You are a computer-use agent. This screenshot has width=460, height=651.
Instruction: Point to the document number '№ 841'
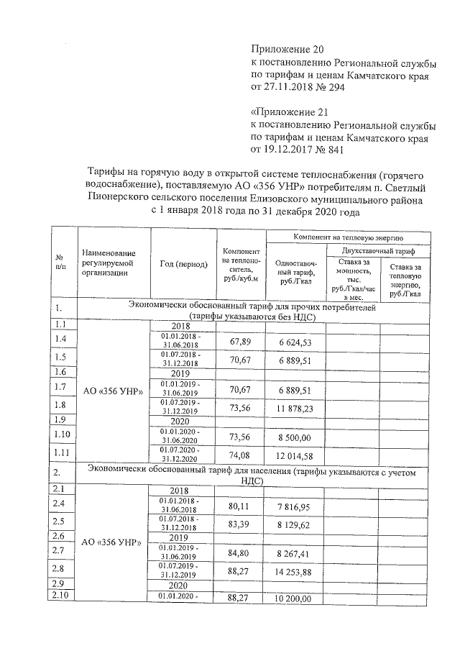[330, 150]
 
